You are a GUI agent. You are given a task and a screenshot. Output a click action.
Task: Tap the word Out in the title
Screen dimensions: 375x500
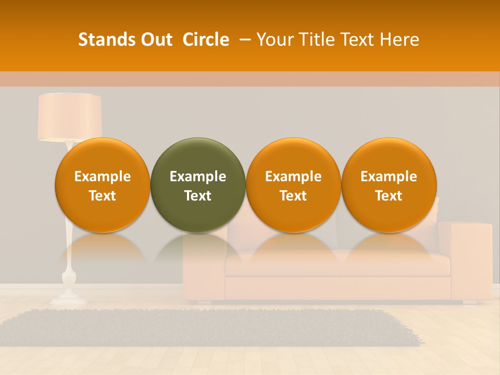coord(155,40)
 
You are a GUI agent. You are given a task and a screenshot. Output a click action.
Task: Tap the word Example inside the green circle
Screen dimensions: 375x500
coord(198,177)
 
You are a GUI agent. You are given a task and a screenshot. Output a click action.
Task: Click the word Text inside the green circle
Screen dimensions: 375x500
coord(198,196)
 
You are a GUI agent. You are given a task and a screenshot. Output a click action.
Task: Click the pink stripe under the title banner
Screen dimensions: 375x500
coord(250,79)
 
